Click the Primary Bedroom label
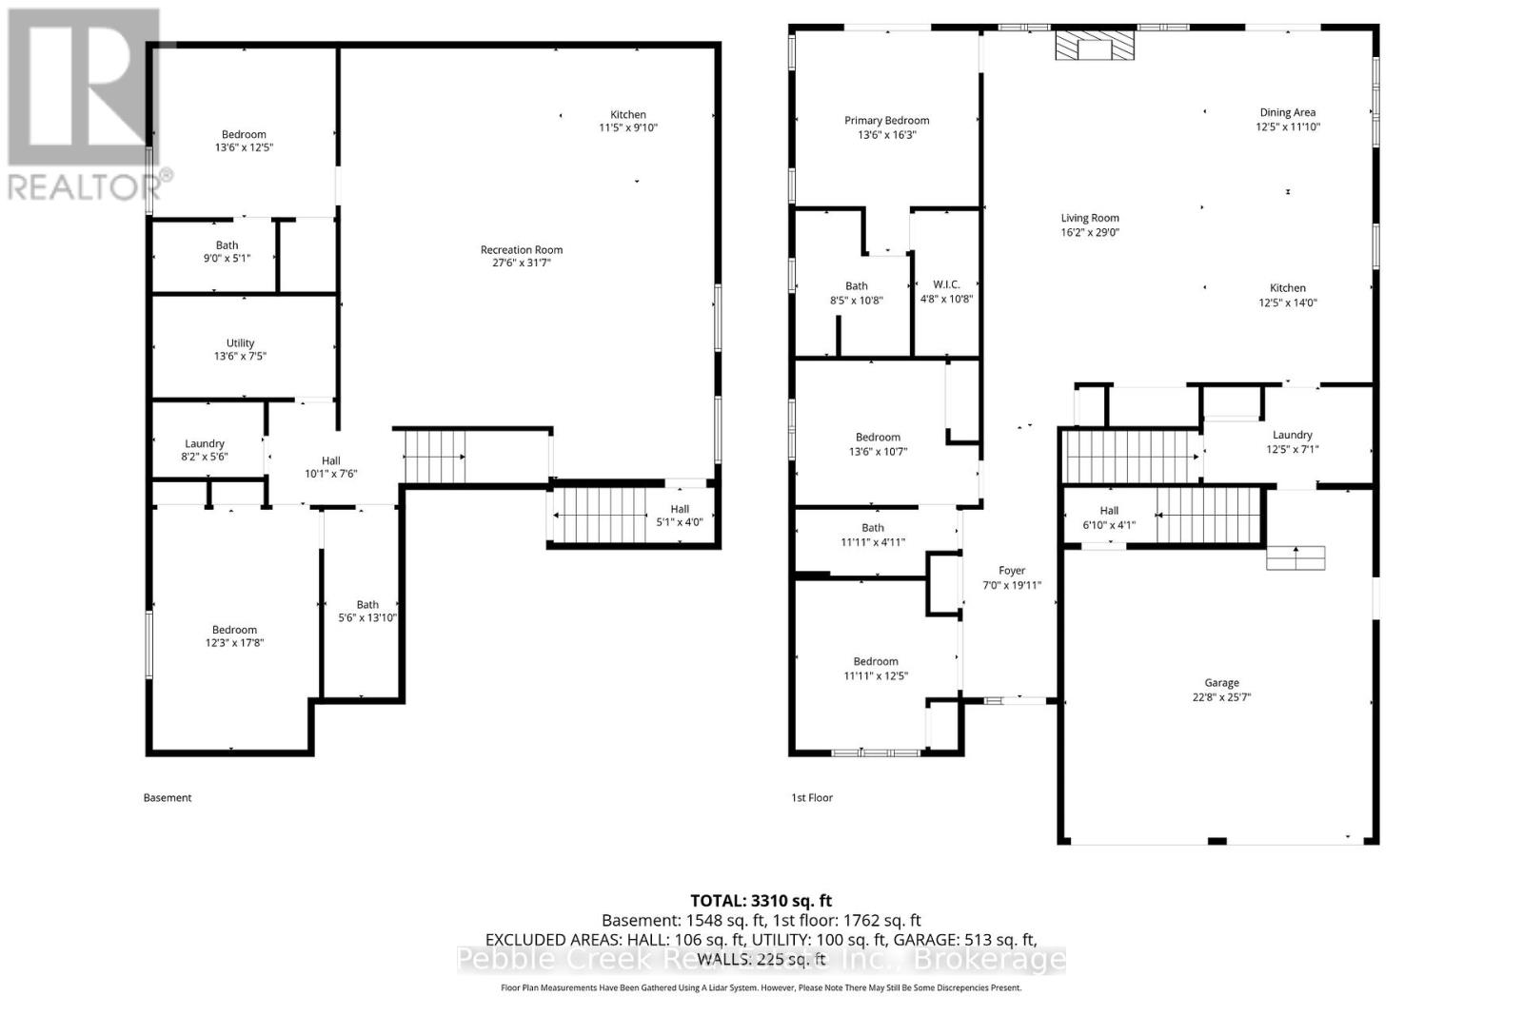pos(886,121)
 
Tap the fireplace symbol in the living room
pos(1095,46)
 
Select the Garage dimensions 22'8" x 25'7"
pos(1221,697)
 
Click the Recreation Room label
pos(522,250)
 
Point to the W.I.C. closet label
pos(946,285)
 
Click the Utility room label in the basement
pos(240,343)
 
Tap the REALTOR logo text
pos(90,185)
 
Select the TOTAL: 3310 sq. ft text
pos(761,900)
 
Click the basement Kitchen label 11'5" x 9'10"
pos(628,121)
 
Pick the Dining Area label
pos(1287,113)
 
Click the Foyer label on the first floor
pos(1011,571)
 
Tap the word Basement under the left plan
pos(168,797)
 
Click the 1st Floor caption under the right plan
pos(812,797)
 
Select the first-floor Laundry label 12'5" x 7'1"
pos(1292,442)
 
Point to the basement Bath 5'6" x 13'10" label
pos(367,611)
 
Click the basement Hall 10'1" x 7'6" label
pos(330,466)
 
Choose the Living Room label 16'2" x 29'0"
pos(1090,224)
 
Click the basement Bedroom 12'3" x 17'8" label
pos(234,635)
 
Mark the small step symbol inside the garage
pos(1296,557)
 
